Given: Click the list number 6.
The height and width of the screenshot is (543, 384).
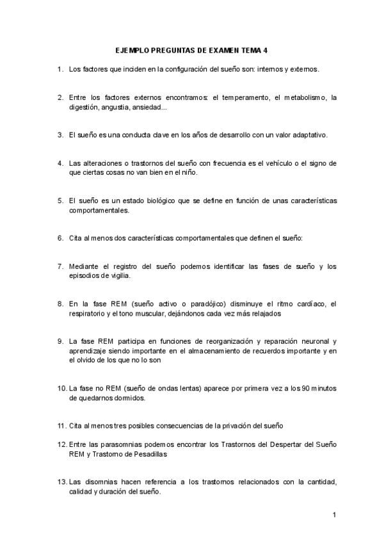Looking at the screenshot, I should pos(60,238).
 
